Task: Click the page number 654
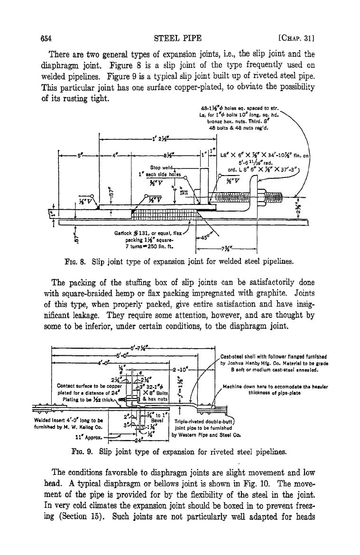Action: click(46, 38)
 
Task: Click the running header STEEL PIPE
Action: click(178, 38)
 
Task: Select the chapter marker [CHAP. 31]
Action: click(296, 38)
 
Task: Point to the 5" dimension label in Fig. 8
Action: click(79, 155)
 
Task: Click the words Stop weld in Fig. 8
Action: click(161, 167)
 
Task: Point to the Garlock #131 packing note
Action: click(148, 240)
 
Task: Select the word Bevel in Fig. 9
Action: click(157, 421)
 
